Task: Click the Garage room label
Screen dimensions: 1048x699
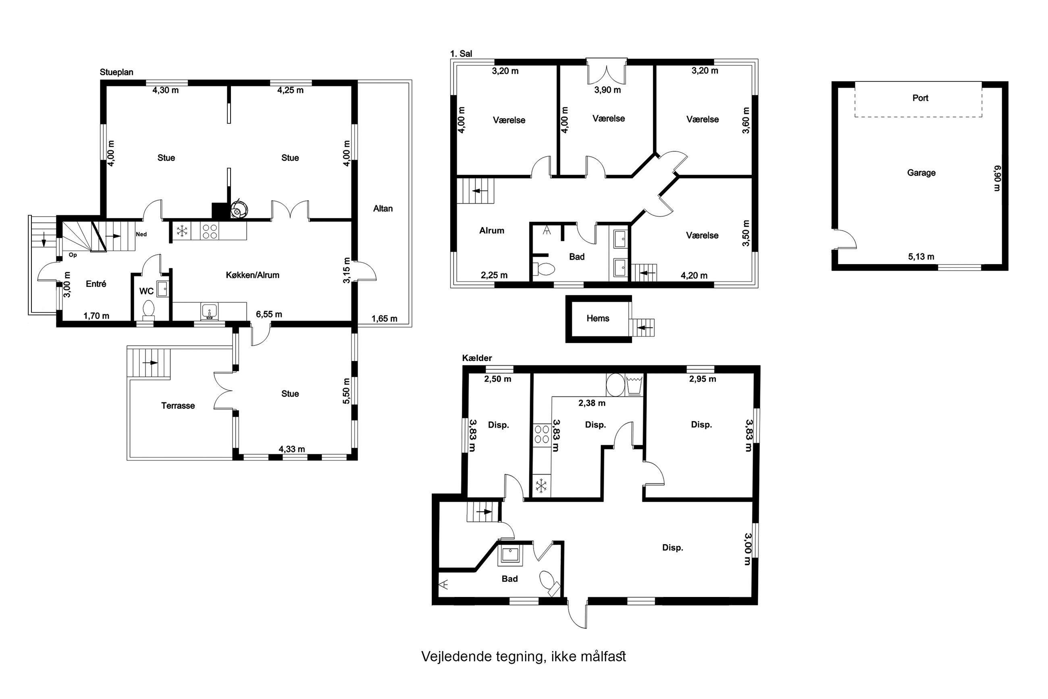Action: [x=921, y=173]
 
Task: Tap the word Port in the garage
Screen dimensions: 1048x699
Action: [x=920, y=98]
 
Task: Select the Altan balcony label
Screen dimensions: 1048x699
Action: [x=383, y=208]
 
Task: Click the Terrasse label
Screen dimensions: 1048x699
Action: [x=178, y=406]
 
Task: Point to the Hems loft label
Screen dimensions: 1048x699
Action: [x=597, y=318]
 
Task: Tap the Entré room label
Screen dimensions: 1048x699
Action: [x=96, y=284]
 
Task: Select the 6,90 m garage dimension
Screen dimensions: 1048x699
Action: [x=997, y=178]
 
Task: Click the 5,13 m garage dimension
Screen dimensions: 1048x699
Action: [x=921, y=257]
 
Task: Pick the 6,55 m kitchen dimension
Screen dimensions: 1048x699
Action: [x=268, y=314]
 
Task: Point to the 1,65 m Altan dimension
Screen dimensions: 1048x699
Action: [x=384, y=319]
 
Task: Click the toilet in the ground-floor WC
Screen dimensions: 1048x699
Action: [x=148, y=310]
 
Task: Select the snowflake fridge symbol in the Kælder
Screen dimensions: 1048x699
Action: [x=541, y=486]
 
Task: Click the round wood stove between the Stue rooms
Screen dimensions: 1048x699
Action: [x=239, y=209]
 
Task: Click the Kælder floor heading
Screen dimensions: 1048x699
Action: [x=476, y=358]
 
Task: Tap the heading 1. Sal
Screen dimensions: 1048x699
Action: [x=461, y=54]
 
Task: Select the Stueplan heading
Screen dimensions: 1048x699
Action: [x=116, y=72]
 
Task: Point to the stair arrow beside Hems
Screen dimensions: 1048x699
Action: [x=645, y=328]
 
